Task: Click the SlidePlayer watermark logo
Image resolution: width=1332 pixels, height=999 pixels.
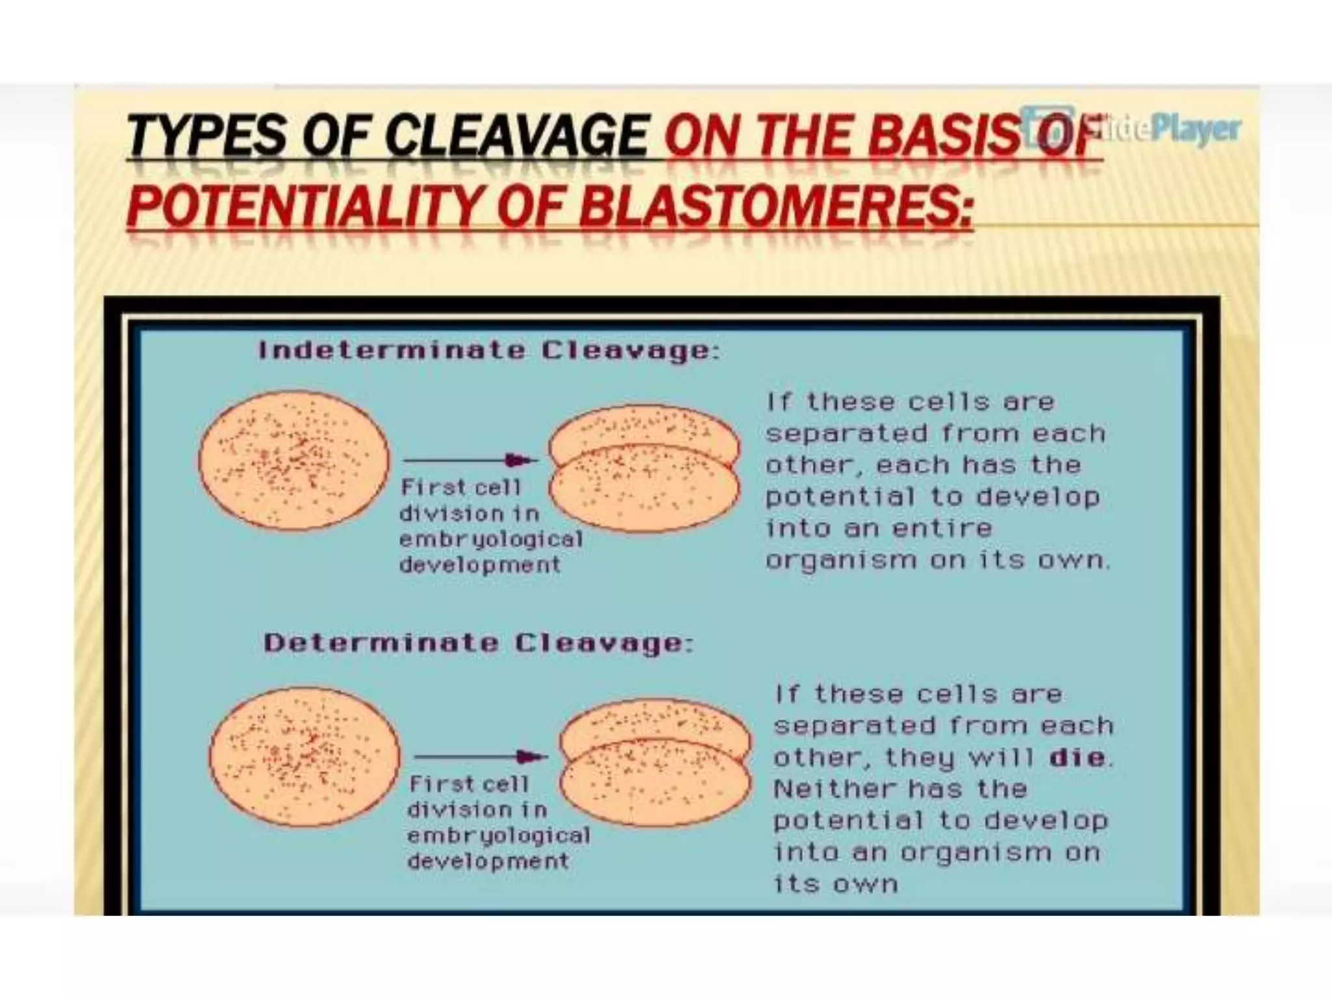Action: [1132, 127]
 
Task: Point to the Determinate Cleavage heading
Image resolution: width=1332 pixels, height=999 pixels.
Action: [478, 643]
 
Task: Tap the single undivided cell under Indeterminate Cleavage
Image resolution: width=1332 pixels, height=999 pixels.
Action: [293, 460]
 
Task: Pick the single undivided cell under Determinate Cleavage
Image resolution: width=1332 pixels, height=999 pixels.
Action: [304, 756]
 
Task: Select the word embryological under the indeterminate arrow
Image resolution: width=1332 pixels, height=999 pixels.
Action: [491, 539]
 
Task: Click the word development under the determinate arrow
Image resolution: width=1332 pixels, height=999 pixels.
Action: [488, 862]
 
